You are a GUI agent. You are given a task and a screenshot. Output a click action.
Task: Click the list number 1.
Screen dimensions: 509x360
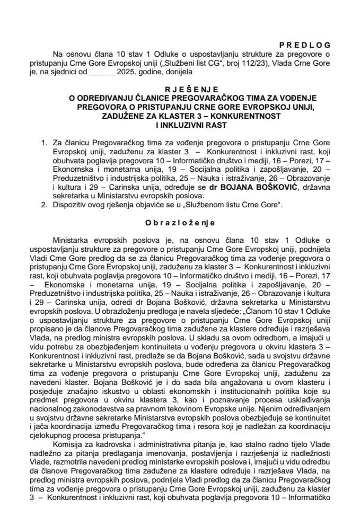(x=43, y=142)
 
